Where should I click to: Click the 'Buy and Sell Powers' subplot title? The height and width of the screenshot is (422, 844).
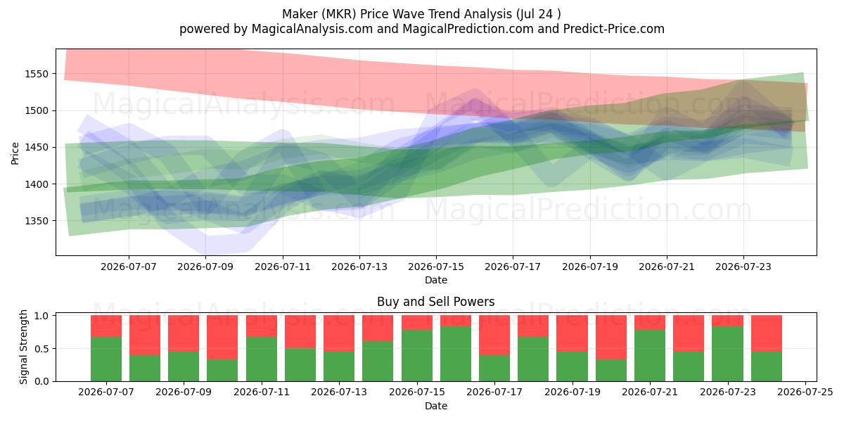coord(435,302)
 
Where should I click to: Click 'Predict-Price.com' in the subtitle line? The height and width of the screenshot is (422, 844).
coord(614,29)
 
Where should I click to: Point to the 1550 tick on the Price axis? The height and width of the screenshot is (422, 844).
coord(37,74)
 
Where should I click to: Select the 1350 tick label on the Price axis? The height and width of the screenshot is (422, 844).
coord(37,221)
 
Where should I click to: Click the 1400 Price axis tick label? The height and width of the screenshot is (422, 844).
coord(37,184)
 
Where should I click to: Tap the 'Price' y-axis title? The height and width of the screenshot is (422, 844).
coord(15,153)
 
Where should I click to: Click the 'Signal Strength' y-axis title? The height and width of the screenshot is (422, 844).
coord(23,347)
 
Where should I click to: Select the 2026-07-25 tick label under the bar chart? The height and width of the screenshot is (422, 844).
coord(805,392)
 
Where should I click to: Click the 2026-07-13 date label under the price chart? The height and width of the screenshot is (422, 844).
coord(359,267)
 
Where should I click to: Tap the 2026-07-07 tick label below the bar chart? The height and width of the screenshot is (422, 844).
coord(106,392)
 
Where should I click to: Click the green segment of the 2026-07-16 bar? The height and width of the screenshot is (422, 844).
coord(456,354)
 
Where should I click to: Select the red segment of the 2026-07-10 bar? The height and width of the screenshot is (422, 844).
coord(222,337)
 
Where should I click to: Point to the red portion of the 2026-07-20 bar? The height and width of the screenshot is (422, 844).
coord(611,337)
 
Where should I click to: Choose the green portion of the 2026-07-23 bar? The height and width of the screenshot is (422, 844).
coord(727,354)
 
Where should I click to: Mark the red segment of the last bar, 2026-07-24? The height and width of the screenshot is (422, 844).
coord(767,333)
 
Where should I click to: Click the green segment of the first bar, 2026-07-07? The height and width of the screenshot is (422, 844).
coord(106,359)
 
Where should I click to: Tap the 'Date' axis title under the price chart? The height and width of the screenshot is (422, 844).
coord(436,281)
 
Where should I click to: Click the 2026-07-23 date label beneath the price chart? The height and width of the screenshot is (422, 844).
coord(743,267)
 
